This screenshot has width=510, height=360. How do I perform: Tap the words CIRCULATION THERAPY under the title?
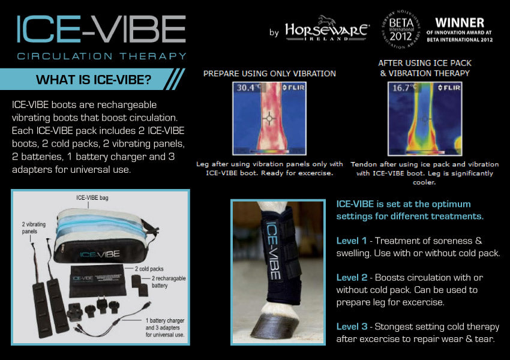pos(101,56)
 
